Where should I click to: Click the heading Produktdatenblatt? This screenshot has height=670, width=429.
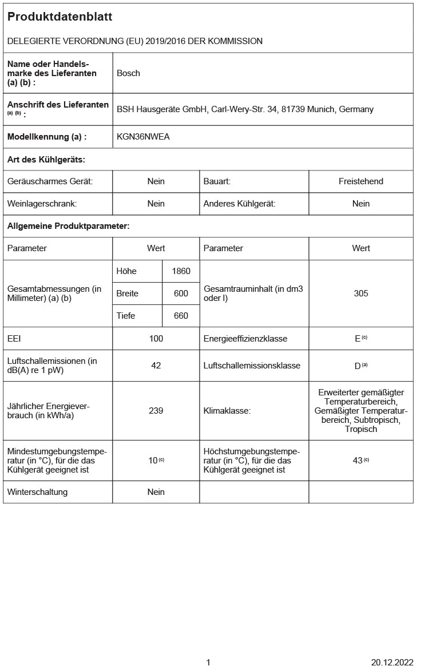click(59, 17)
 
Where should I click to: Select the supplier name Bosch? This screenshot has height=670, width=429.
click(128, 73)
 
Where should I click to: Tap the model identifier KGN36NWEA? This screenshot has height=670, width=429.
click(143, 137)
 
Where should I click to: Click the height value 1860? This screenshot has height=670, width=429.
click(181, 271)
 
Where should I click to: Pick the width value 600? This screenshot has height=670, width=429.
click(181, 294)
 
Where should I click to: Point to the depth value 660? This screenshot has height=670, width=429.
click(181, 316)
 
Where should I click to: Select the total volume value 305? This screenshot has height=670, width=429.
click(361, 294)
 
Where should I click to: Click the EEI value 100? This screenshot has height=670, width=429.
click(156, 339)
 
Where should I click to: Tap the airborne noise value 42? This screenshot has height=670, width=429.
click(156, 366)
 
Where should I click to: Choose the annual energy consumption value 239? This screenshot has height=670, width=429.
click(156, 411)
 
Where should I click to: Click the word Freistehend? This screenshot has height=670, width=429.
click(361, 181)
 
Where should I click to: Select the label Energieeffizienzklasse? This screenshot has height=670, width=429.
click(245, 339)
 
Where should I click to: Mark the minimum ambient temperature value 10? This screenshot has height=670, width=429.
click(153, 461)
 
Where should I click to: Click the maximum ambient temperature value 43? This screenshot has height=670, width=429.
click(358, 461)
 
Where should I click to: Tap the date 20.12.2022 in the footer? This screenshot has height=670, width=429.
click(392, 663)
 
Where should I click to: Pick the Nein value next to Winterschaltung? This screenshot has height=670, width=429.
click(156, 492)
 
